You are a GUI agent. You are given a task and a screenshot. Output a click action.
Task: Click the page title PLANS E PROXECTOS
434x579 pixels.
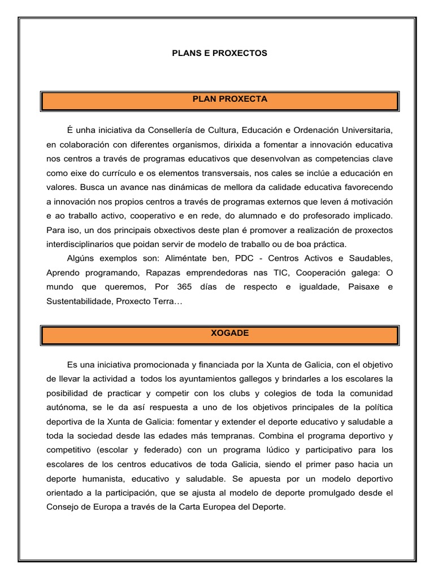[219, 53]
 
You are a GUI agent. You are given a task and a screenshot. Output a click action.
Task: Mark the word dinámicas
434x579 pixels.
[170, 187]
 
